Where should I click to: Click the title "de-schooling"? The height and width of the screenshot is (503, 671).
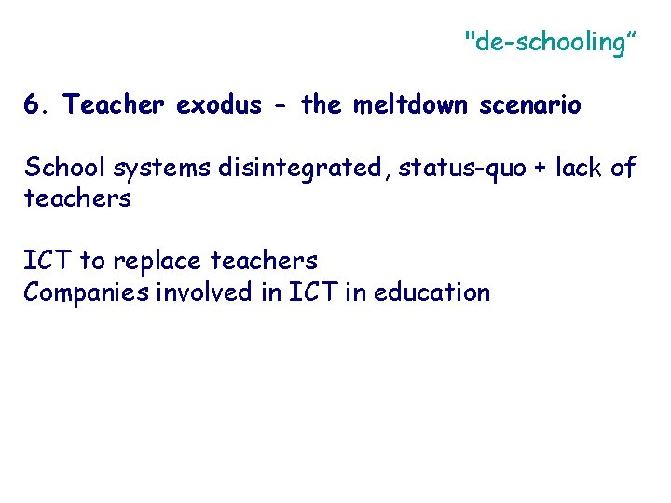click(550, 42)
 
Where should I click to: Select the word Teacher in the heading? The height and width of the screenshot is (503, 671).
click(115, 105)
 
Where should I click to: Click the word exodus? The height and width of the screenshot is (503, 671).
click(219, 105)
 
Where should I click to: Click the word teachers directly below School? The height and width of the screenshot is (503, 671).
click(77, 199)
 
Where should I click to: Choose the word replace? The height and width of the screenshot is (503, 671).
click(157, 262)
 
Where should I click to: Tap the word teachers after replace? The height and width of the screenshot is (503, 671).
click(265, 261)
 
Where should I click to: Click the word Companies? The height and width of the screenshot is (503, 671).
click(80, 293)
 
